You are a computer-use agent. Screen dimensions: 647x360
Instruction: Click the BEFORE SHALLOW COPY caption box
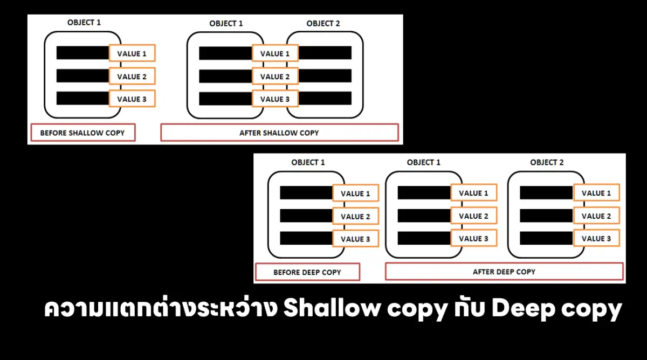[x=83, y=133]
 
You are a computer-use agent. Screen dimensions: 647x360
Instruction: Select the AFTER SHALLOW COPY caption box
[x=280, y=133]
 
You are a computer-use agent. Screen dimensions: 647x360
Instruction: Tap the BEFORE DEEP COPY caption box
[x=308, y=272]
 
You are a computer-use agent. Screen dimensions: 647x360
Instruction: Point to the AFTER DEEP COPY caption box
[x=504, y=272]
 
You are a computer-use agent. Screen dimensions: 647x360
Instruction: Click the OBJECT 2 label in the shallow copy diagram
[x=323, y=23]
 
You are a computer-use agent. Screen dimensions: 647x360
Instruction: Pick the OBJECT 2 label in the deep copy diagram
[x=547, y=162]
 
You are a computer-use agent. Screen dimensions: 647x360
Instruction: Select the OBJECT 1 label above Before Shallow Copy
[x=84, y=23]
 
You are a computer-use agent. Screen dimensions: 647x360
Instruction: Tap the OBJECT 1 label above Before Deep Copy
[x=308, y=162]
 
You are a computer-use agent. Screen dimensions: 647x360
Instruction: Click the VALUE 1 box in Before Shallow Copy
[x=132, y=53]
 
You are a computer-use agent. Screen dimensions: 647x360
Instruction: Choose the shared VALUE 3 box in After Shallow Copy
[x=275, y=99]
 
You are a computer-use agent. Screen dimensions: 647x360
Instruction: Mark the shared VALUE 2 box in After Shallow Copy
[x=275, y=76]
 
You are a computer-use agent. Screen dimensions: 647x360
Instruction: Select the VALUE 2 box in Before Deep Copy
[x=355, y=216]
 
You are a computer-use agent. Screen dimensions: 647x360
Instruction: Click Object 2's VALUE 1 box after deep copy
[x=596, y=192]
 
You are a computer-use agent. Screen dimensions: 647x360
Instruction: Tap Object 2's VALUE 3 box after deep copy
[x=596, y=238]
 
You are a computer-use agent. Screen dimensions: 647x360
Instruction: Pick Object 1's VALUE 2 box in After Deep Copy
[x=474, y=216]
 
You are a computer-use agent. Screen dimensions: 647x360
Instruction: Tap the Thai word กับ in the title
[x=470, y=308]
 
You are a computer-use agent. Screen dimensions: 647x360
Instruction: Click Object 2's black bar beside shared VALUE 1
[x=325, y=53]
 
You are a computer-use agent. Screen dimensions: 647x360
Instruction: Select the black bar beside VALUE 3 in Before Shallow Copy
[x=82, y=98]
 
